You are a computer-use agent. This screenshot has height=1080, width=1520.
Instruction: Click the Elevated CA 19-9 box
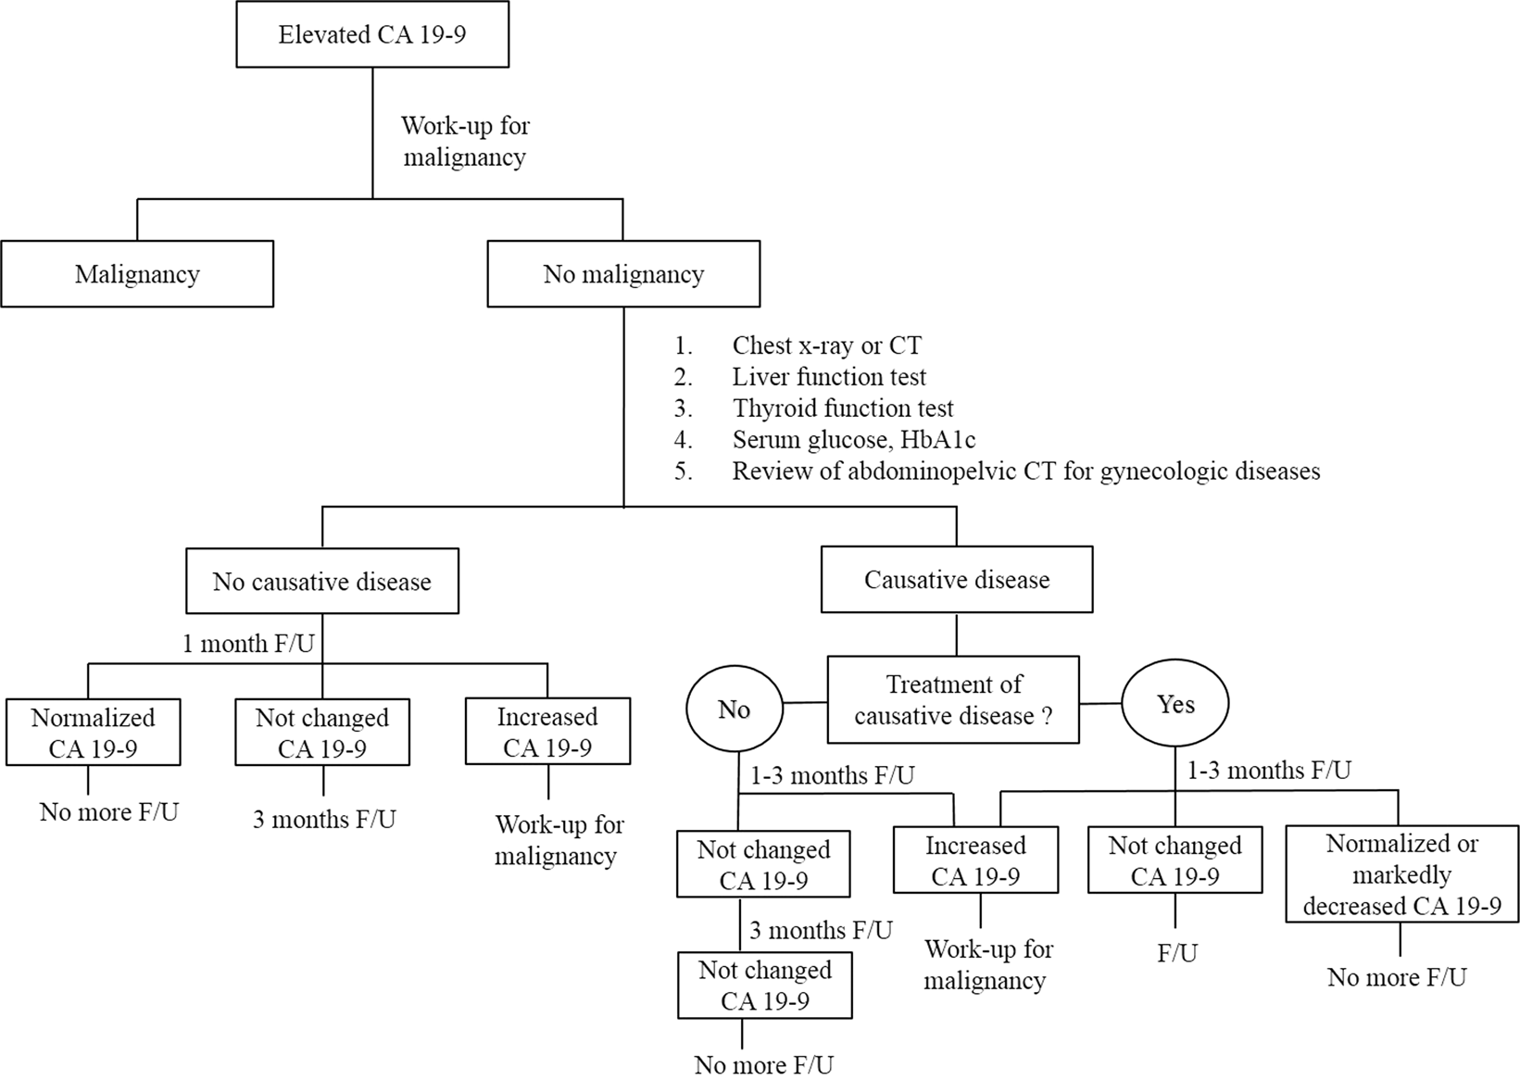point(372,35)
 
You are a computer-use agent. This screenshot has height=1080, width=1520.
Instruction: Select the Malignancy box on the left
point(137,274)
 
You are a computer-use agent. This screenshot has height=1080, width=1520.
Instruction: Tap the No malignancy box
point(623,274)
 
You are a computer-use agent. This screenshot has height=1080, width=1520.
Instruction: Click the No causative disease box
point(322,582)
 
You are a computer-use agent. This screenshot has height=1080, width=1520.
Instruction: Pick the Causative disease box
point(957,580)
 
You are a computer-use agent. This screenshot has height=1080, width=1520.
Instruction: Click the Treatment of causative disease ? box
point(953,700)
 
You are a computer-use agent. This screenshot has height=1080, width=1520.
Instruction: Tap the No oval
point(734,710)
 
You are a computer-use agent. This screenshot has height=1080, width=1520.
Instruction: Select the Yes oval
point(1175,705)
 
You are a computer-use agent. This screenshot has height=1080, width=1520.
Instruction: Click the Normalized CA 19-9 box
point(93,733)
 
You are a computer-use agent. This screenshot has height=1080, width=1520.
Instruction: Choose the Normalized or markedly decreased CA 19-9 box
point(1401,874)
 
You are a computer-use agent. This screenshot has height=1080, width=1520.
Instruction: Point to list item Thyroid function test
point(842,408)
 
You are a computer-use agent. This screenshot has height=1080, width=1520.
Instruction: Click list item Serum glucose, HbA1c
point(853,440)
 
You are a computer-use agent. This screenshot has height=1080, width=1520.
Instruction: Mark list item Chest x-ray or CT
point(826,345)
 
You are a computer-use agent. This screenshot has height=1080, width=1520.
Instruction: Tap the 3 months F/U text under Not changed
point(324,820)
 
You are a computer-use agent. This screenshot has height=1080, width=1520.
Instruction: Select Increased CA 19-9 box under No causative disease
point(547,732)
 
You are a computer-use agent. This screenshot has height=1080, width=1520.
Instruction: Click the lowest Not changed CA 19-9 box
point(765,986)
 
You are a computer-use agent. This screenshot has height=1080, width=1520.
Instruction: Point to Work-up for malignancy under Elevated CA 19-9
point(465,141)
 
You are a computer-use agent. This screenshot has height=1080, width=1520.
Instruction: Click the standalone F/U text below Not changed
point(1177,953)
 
